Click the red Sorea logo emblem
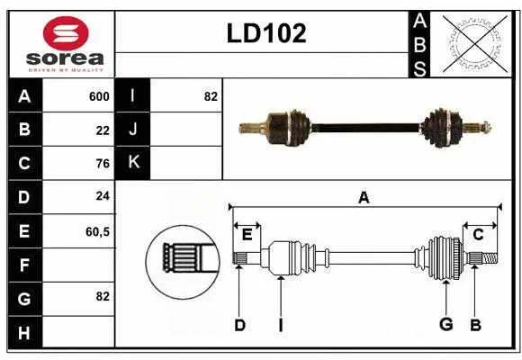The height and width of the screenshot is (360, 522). tap(66, 34)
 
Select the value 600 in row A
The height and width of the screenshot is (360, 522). tap(99, 96)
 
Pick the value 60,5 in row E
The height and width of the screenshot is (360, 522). tap(97, 231)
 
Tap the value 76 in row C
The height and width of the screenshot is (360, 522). tap(102, 164)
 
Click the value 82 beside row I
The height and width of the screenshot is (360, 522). tap(211, 96)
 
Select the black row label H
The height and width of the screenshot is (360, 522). tap(24, 333)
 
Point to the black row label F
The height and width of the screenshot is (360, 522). tap(24, 265)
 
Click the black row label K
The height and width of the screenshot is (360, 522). tap(133, 163)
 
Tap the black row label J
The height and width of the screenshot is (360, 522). tap(133, 130)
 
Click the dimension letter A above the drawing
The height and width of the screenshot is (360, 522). tap(364, 198)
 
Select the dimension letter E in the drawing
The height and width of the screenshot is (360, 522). tap(247, 234)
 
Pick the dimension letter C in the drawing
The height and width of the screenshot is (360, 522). tap(478, 234)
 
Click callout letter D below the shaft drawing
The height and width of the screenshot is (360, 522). tap(239, 325)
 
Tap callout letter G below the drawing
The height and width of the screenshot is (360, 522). tap(445, 325)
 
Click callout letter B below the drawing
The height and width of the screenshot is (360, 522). tap(476, 325)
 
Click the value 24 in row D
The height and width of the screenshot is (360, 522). tap(102, 197)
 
